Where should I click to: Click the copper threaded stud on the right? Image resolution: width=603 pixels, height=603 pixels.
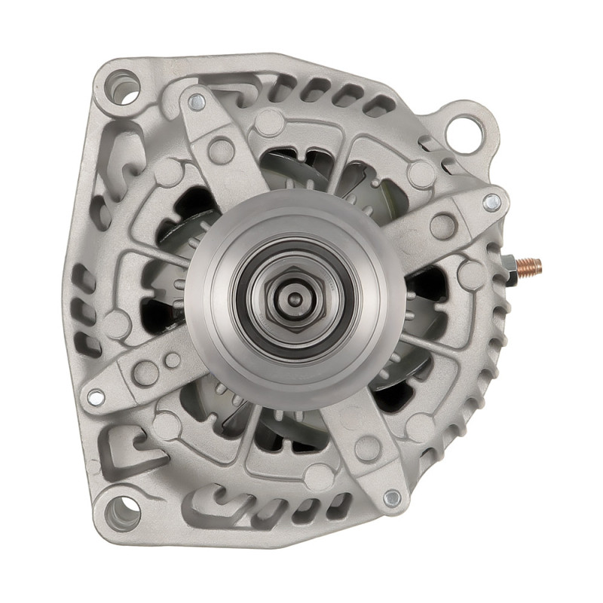tap(531, 265)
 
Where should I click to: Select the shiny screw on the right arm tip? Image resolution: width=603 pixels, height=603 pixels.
tap(491, 201)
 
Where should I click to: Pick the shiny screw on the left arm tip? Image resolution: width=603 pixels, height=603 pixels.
tap(95, 396)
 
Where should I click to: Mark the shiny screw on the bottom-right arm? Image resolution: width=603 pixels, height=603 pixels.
tap(391, 498)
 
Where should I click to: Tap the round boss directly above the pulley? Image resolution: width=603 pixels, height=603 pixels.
tap(269, 121)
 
